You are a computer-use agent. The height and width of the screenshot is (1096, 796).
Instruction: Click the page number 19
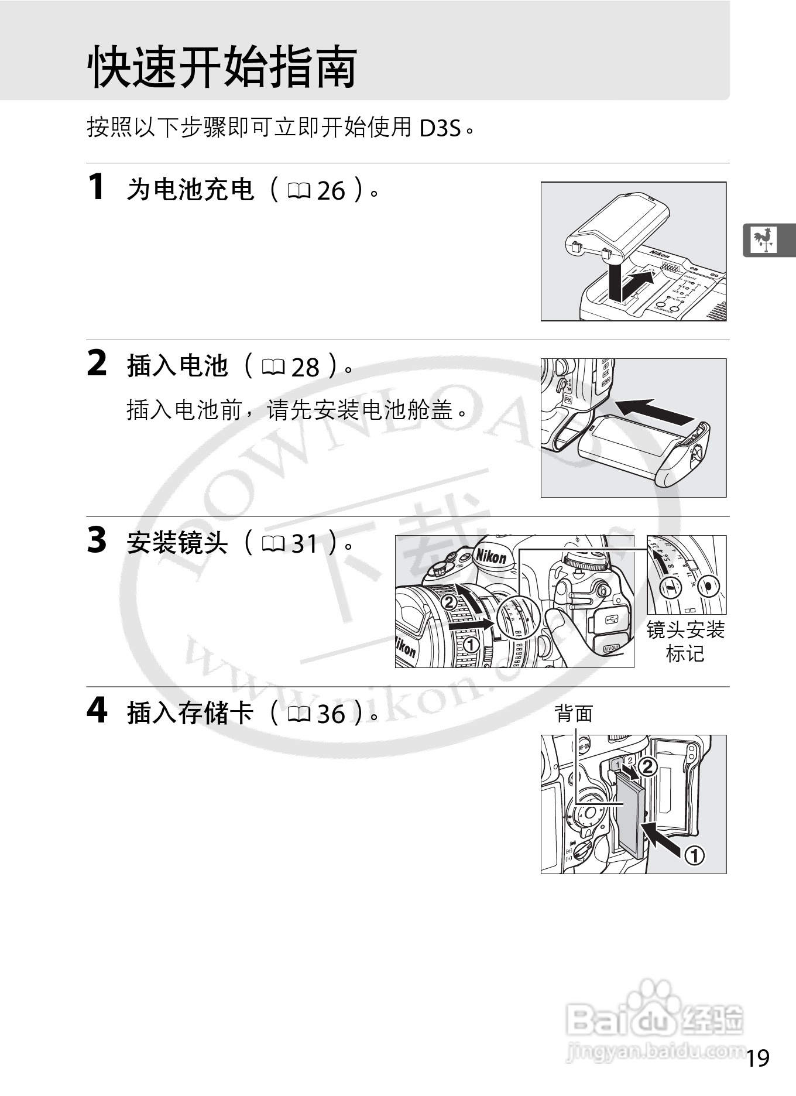coord(758,1058)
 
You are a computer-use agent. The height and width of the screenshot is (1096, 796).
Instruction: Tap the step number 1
coord(96,187)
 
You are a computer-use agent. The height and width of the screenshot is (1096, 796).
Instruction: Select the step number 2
coord(97,364)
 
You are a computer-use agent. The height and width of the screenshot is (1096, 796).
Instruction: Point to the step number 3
coord(97,540)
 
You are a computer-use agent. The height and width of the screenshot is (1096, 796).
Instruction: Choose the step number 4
coord(97,711)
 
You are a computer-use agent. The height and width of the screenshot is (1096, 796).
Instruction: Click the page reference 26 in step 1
coord(331,191)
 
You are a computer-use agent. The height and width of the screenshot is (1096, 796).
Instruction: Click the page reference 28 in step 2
coord(305,368)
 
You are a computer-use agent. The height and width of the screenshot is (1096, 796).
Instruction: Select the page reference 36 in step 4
coord(331,714)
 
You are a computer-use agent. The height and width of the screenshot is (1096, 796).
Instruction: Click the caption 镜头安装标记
coord(685,642)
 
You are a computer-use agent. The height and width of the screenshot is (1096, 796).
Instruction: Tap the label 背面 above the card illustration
coord(574,714)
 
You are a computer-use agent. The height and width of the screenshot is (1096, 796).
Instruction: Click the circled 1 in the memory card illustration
coord(694,856)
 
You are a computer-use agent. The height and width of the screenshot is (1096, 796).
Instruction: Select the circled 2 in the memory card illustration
coord(647,766)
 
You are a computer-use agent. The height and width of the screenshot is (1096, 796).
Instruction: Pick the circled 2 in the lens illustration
coord(449,602)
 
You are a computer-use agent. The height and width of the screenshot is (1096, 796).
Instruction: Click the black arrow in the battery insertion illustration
coord(655,411)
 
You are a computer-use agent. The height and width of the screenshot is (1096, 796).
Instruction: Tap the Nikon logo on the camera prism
coord(490,555)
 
